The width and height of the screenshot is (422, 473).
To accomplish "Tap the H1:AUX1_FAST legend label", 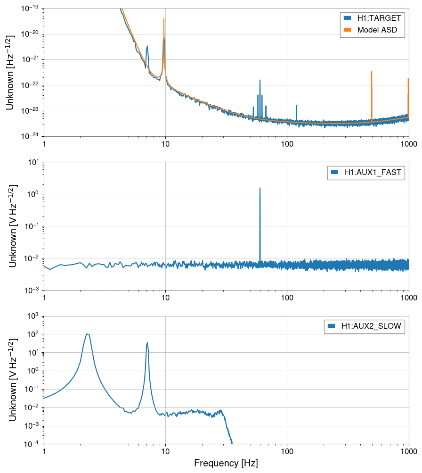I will click(x=373, y=173).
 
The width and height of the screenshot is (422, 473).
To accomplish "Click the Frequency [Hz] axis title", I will click(x=226, y=463).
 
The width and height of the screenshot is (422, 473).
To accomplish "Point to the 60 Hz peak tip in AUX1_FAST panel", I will click(x=260, y=188).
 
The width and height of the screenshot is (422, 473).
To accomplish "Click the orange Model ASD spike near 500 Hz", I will click(x=372, y=72).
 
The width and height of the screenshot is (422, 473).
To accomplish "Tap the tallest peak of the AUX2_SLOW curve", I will click(x=88, y=334).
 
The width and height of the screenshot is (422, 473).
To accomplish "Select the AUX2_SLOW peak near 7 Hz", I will click(x=147, y=343).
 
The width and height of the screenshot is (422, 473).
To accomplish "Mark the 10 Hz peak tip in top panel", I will click(x=164, y=19).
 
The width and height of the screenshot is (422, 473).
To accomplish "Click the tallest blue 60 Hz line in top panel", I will click(x=260, y=81).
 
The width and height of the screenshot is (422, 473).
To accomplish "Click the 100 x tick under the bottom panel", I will click(x=287, y=452).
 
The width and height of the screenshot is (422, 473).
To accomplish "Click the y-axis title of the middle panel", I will click(x=13, y=226).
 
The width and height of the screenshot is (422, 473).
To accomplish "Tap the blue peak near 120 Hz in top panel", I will click(x=297, y=106).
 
